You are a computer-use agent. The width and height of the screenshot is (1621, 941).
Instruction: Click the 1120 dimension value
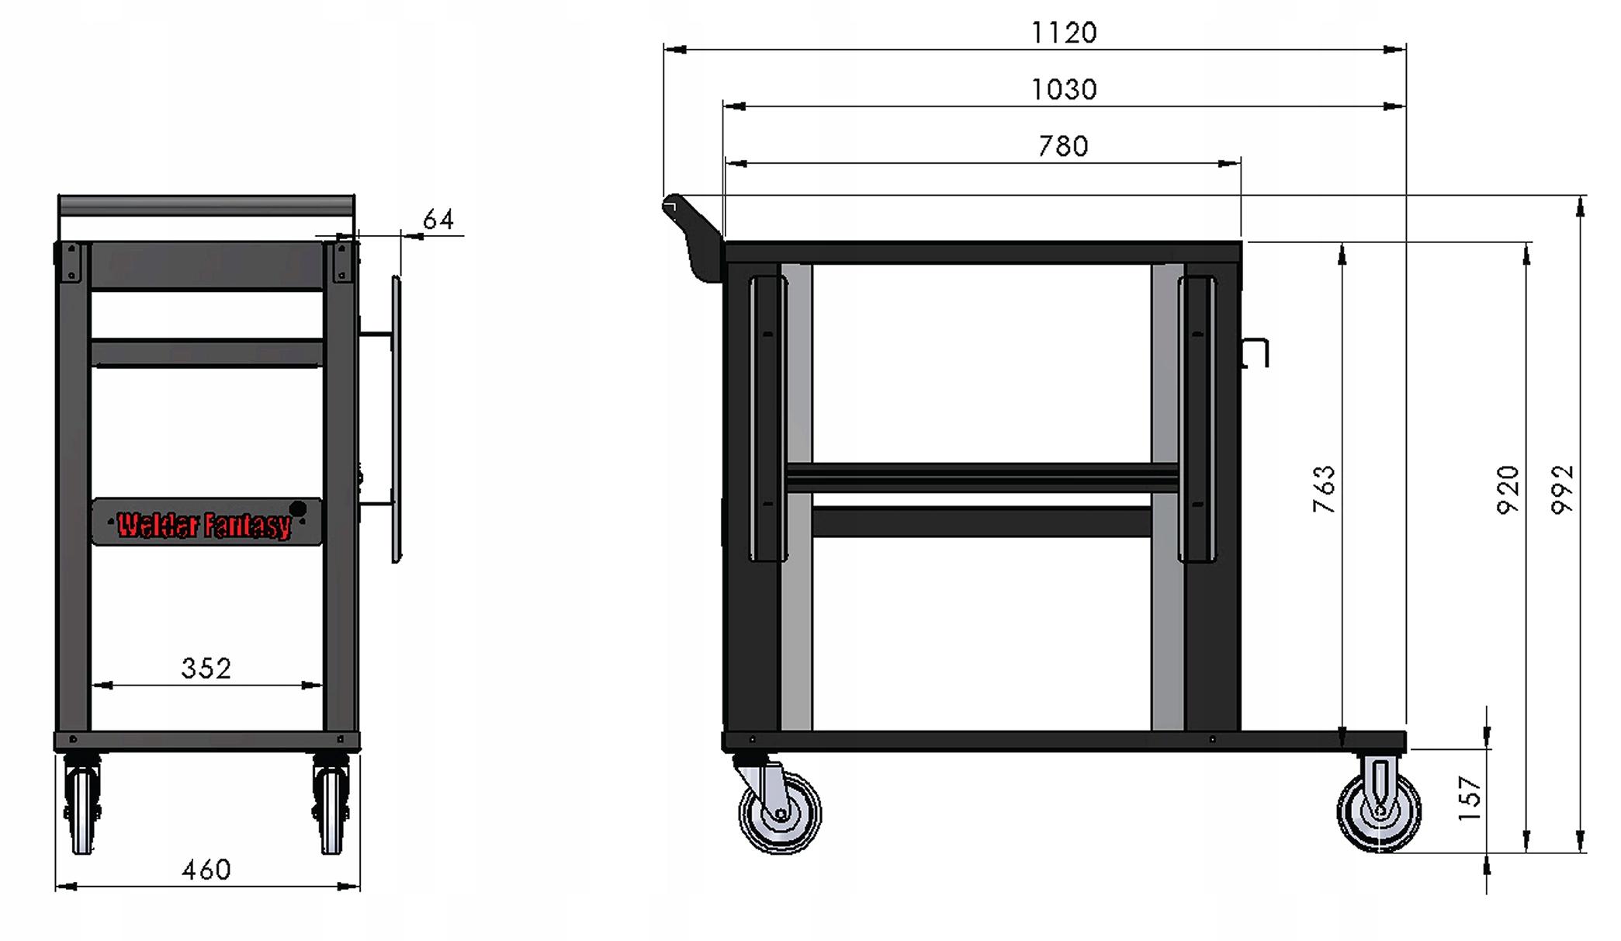coord(1064,33)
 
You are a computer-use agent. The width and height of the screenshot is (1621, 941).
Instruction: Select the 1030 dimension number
coord(1064,89)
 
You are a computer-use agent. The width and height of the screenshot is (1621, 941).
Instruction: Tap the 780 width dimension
coord(1064,146)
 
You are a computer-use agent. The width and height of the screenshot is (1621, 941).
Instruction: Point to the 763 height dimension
coord(1324,489)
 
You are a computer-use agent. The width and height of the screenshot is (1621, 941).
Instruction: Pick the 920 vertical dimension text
coord(1508,489)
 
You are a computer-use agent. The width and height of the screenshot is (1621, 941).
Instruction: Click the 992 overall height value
coord(1562,489)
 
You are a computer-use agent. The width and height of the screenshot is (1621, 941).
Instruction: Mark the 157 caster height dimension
coord(1470,798)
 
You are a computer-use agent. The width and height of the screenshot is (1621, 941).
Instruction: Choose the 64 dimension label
coord(438,220)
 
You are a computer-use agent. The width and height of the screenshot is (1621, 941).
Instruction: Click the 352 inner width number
coord(206,668)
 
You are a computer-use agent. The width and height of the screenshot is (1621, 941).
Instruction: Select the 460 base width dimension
coord(206,870)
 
